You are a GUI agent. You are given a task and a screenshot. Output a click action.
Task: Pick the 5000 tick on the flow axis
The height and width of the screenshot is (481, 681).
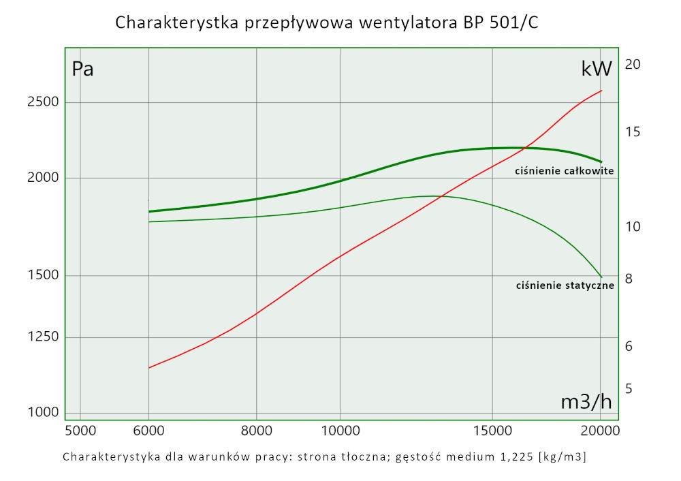80,431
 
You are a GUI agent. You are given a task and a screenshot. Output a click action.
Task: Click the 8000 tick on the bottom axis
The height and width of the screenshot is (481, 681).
256,431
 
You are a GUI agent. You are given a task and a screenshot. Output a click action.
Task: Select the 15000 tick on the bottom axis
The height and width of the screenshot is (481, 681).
492,431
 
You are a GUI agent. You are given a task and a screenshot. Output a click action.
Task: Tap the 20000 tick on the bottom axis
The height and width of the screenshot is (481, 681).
601,431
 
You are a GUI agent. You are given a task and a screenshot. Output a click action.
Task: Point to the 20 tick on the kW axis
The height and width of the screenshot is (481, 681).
633,65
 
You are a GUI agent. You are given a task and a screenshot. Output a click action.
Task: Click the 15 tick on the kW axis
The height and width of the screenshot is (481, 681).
633,131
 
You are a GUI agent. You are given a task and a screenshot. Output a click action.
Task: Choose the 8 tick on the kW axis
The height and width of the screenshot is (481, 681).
629,279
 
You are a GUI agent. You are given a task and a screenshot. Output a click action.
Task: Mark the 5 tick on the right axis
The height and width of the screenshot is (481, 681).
629,388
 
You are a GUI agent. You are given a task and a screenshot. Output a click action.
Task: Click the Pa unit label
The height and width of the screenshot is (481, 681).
83,69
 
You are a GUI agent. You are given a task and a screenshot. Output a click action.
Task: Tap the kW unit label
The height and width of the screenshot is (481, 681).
597,69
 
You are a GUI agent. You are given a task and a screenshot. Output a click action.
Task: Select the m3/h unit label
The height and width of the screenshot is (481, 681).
586,402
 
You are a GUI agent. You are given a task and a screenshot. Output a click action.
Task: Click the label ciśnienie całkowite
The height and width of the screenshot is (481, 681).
565,170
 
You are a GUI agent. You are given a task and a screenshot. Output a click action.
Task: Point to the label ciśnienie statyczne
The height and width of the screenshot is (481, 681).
565,285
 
